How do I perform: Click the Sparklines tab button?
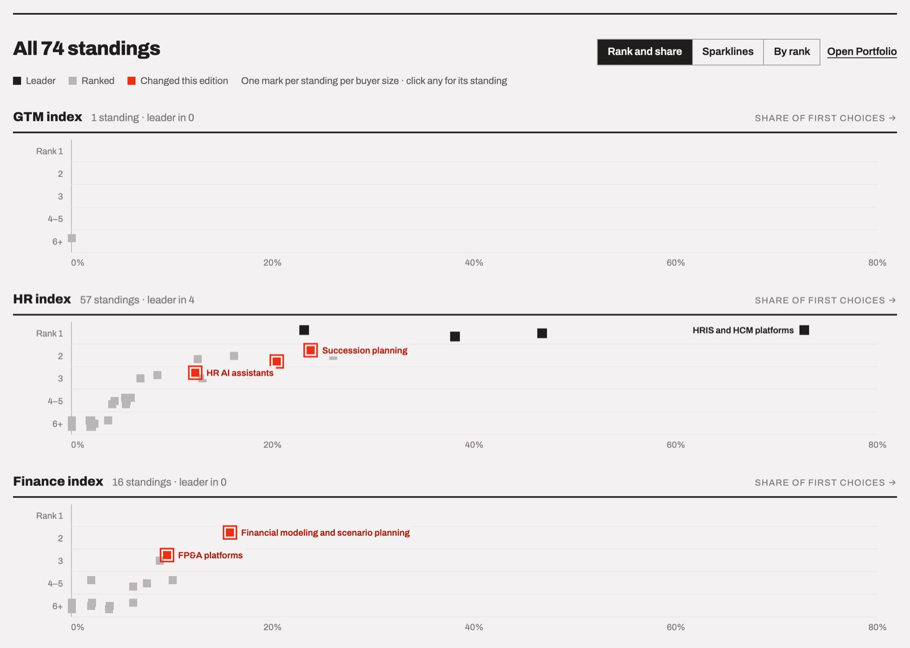[x=727, y=52]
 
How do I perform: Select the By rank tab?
[x=791, y=52]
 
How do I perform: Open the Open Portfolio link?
[x=862, y=52]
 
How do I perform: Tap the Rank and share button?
[x=645, y=52]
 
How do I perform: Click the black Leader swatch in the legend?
[x=17, y=81]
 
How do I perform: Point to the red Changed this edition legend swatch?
[x=131, y=81]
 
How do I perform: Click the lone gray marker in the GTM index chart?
[x=72, y=238]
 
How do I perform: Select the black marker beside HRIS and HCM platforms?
[x=804, y=330]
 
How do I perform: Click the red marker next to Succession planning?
[x=311, y=350]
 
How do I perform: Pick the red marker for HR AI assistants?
[x=195, y=373]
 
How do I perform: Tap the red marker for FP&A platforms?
[x=167, y=555]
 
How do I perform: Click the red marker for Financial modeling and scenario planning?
[x=230, y=532]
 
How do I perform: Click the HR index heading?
[x=42, y=299]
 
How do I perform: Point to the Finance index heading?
[x=58, y=481]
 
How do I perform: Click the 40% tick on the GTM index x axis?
[x=474, y=263]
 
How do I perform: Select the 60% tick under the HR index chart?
[x=675, y=445]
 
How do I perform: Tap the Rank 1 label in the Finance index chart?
[x=49, y=515]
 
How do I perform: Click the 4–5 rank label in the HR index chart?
[x=55, y=402]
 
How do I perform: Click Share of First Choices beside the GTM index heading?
[x=825, y=118]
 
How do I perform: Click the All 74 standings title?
[x=86, y=48]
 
